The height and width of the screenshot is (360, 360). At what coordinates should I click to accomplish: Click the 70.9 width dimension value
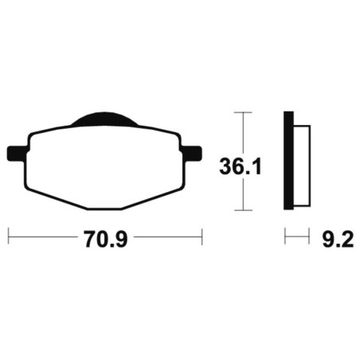click(106, 239)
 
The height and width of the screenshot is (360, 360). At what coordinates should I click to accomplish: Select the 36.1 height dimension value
click(241, 166)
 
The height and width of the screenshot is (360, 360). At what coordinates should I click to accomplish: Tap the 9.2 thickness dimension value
click(338, 239)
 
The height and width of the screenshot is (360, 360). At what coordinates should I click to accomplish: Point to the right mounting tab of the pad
click(191, 154)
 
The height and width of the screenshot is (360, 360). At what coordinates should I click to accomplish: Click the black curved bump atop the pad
click(104, 119)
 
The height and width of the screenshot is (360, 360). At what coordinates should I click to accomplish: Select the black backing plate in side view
click(288, 160)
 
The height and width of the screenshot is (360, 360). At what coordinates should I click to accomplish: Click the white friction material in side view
click(302, 166)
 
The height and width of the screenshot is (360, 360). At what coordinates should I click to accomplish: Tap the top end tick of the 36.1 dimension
click(243, 112)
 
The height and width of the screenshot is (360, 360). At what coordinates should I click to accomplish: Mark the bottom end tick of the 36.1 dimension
click(243, 210)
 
